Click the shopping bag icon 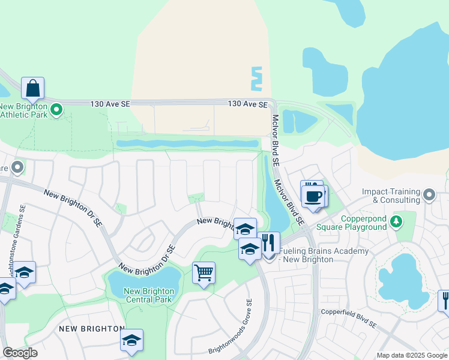[x=32, y=88]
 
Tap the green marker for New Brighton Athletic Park [x=56, y=110]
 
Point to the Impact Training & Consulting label [x=390, y=196]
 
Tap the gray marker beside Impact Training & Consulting [x=429, y=194]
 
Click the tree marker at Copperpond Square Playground [x=396, y=222]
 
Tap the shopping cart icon [x=203, y=272]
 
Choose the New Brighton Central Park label [x=149, y=295]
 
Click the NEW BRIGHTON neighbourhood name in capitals [x=91, y=329]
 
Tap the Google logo [x=20, y=353]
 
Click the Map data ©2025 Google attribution [x=412, y=355]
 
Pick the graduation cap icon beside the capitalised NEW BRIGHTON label [x=131, y=340]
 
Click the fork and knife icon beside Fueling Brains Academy [x=268, y=243]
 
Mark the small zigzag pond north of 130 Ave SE [x=257, y=79]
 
